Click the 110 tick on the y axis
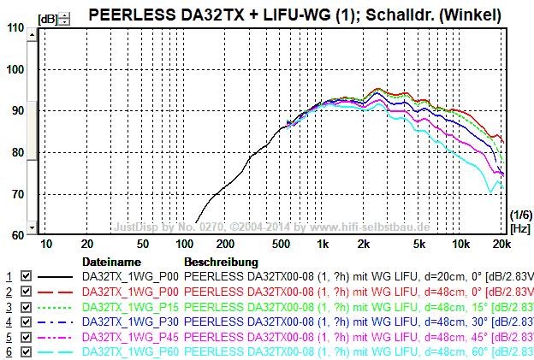coord(15,27)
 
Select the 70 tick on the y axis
coord(15,194)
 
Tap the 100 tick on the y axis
coord(15,69)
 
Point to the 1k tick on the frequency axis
coord(323,244)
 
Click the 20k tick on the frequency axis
coord(502,244)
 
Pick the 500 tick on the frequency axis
coord(282,244)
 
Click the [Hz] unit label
coord(519,228)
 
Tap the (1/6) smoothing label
coord(519,214)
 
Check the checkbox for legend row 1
coord(26,276)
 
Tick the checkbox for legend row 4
coord(26,322)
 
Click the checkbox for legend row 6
coord(26,351)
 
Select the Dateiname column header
coord(110,261)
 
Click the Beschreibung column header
coord(221,261)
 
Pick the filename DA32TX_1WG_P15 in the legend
coord(130,306)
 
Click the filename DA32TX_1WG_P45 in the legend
coord(130,337)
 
